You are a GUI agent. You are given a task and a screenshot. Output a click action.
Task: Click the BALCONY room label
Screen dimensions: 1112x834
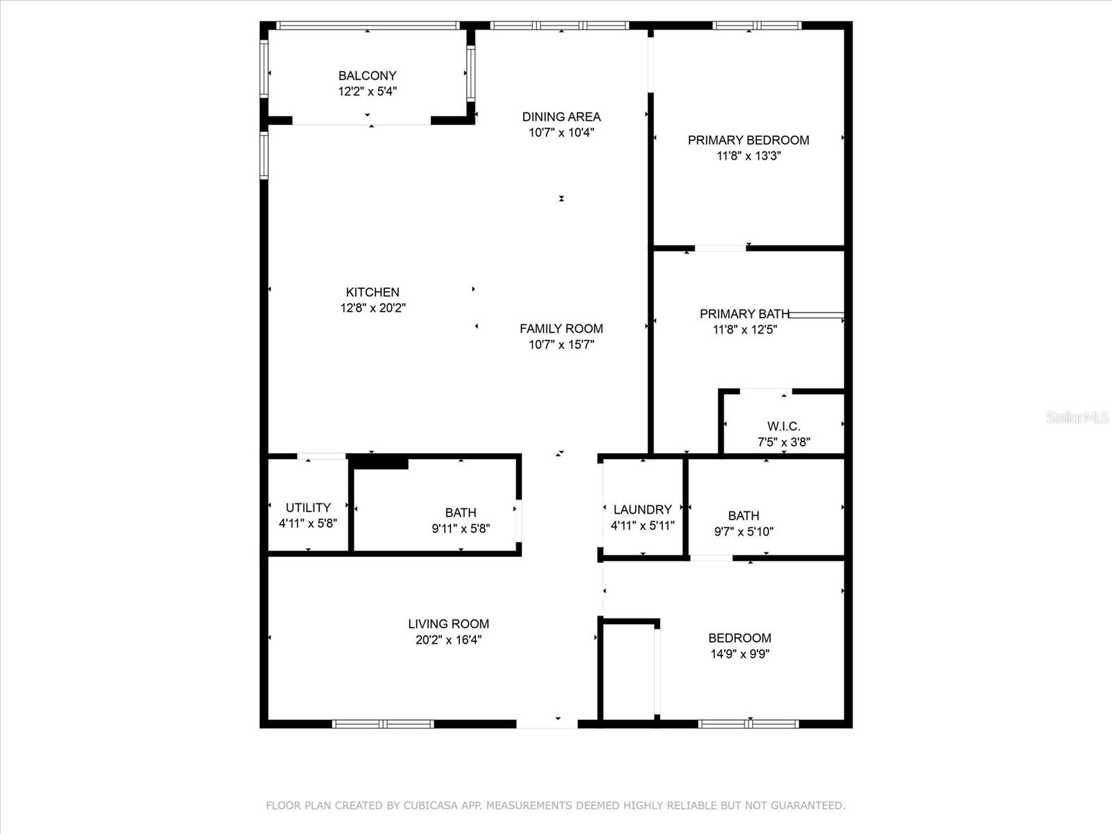click(x=367, y=76)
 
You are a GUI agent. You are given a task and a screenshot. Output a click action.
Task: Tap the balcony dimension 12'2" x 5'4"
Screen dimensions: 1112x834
click(x=367, y=92)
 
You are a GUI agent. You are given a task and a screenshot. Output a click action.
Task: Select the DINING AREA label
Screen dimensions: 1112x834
click(x=562, y=117)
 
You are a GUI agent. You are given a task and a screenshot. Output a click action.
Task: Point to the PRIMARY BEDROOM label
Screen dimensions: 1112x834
click(x=749, y=140)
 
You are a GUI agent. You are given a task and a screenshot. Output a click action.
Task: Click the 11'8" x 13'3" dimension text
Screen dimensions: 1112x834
click(x=749, y=156)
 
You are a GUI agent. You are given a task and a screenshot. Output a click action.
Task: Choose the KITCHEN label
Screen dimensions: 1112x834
click(x=373, y=292)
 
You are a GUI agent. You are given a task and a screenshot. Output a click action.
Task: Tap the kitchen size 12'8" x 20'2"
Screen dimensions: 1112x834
click(x=373, y=308)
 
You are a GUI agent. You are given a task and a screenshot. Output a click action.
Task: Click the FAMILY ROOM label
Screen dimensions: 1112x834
click(x=562, y=329)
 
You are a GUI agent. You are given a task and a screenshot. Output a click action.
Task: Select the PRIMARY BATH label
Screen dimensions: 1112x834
click(x=744, y=314)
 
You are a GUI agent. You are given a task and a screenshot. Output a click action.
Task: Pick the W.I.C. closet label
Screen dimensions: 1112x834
click(x=784, y=426)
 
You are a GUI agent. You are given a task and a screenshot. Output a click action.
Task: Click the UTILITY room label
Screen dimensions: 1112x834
click(x=308, y=507)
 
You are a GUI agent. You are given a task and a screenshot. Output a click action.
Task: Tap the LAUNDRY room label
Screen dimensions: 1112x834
click(x=642, y=509)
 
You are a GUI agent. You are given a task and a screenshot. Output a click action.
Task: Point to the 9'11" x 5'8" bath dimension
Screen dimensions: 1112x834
click(x=461, y=529)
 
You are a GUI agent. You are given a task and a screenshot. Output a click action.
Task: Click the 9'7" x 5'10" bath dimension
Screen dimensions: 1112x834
click(x=744, y=532)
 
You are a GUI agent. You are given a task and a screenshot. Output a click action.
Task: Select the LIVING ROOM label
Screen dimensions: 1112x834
click(x=448, y=624)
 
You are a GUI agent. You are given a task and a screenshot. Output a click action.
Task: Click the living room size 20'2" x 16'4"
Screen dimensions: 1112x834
click(x=448, y=640)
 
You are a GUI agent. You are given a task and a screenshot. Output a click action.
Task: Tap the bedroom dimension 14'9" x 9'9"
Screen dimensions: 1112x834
click(x=739, y=654)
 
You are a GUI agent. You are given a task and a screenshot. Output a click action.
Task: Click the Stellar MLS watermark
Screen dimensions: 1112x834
click(x=1077, y=417)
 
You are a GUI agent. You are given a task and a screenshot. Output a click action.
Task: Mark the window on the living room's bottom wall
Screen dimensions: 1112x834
click(x=383, y=724)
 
